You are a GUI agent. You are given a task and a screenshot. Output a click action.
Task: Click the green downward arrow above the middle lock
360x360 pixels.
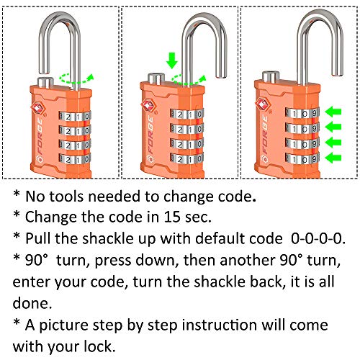click(172, 61)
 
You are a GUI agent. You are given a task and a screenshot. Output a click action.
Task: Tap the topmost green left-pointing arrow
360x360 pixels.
click(333, 112)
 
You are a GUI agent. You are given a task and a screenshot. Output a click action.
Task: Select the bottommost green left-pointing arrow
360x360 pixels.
click(333, 158)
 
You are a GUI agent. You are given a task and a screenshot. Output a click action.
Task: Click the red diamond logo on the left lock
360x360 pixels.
click(38, 109)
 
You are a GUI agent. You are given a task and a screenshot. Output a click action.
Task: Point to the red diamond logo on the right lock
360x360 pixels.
click(263, 104)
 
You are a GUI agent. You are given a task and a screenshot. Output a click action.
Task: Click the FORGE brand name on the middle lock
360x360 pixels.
click(150, 135)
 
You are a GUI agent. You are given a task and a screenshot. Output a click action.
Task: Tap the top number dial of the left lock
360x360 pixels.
click(75, 117)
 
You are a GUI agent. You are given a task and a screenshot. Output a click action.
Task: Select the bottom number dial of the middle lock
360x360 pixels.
click(187, 158)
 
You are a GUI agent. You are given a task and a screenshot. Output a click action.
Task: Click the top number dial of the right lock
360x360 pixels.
click(302, 113)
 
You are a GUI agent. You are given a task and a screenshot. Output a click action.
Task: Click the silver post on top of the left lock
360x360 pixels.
click(45, 82)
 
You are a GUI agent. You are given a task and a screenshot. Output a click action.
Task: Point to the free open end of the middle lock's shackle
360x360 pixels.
click(221, 76)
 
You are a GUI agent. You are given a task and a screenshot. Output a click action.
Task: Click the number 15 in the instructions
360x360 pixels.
click(172, 217)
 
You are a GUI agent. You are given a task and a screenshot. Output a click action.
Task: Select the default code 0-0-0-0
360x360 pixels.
click(318, 238)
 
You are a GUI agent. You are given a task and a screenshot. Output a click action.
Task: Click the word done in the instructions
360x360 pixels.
click(32, 303)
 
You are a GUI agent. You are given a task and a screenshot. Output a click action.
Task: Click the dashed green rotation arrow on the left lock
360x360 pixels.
click(76, 79)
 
